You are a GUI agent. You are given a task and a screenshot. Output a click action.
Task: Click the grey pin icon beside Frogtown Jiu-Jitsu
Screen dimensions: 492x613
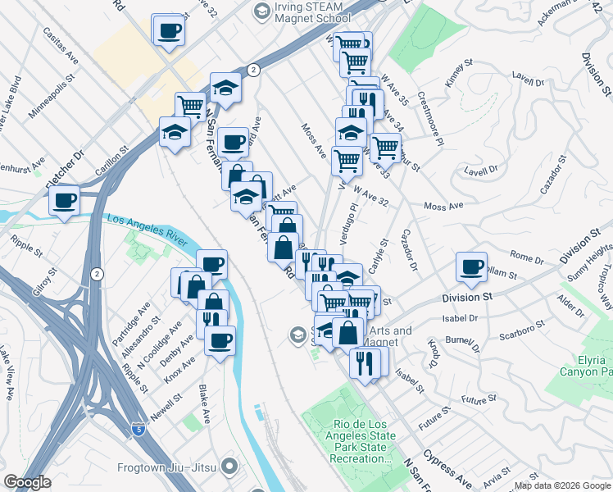click(x=229, y=467)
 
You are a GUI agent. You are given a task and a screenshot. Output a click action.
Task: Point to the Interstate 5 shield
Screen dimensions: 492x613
click(x=139, y=428)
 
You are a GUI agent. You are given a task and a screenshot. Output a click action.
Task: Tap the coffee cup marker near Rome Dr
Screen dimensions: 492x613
click(x=471, y=266)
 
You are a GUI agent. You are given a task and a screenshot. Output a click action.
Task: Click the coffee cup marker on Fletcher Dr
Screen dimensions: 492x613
click(x=64, y=200)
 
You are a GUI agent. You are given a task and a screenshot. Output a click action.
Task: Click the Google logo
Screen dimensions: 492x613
click(x=26, y=482)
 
